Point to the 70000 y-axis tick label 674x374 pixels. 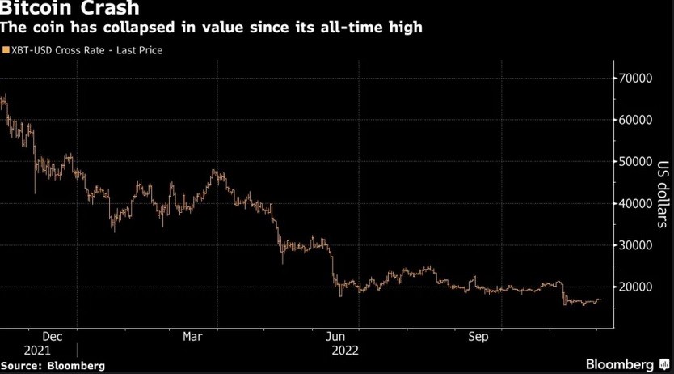pos(637,79)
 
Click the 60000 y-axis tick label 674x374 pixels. pos(637,120)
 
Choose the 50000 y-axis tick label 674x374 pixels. pos(637,162)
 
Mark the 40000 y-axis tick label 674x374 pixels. pos(637,204)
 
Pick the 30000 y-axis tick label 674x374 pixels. pos(637,245)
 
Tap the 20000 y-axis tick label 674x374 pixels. pos(637,287)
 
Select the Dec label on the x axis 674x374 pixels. pos(52,336)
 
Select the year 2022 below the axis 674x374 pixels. pos(345,351)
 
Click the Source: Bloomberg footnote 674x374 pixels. pos(53,366)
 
